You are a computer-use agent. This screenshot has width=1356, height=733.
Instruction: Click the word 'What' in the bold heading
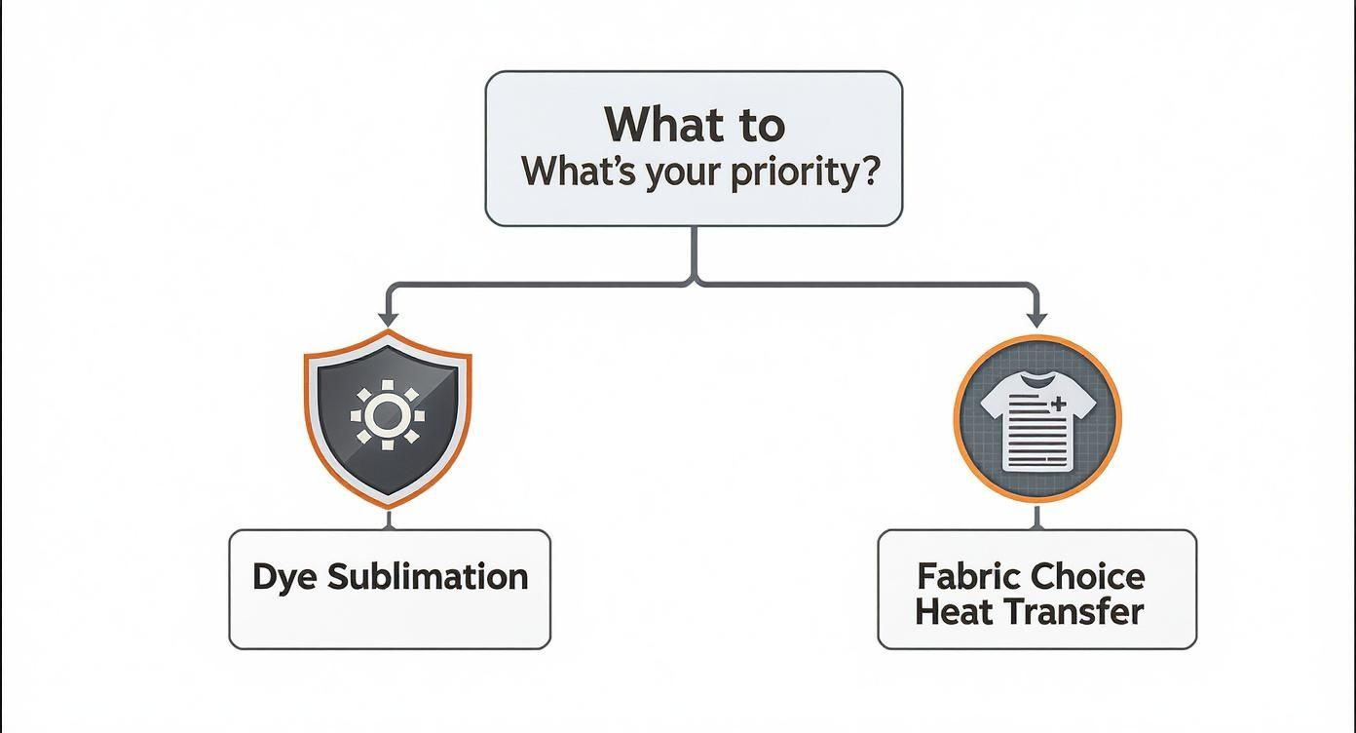click(x=659, y=124)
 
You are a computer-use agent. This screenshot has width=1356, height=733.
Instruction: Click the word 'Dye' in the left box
click(x=283, y=577)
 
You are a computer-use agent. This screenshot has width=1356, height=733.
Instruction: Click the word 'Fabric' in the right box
click(x=968, y=576)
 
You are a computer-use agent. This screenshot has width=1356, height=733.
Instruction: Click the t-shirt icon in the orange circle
click(x=1036, y=420)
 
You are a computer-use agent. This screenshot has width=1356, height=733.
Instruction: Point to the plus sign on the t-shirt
click(x=1059, y=403)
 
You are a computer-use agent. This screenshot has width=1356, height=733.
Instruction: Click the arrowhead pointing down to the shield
click(x=388, y=319)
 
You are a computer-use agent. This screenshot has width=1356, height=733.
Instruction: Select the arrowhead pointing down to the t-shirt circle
click(x=1036, y=319)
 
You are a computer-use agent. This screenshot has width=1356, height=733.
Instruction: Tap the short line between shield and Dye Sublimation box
click(x=388, y=519)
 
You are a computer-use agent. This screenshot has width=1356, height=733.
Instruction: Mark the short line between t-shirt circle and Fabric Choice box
click(x=1036, y=517)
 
